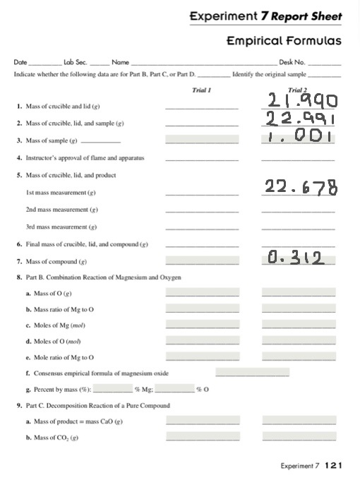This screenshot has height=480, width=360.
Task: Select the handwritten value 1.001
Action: pyautogui.click(x=297, y=136)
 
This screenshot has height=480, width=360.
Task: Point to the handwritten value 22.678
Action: pyautogui.click(x=301, y=188)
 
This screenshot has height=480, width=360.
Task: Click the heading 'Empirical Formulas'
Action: pyautogui.click(x=284, y=41)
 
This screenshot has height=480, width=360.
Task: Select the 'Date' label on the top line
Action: pyautogui.click(x=20, y=63)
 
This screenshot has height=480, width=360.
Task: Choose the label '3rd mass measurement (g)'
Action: pyautogui.click(x=61, y=227)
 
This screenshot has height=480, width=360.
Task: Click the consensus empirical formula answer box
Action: pyautogui.click(x=252, y=373)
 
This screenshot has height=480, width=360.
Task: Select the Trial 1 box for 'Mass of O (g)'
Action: pyautogui.click(x=202, y=292)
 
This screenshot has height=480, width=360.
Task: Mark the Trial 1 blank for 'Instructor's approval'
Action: pyautogui.click(x=201, y=158)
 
